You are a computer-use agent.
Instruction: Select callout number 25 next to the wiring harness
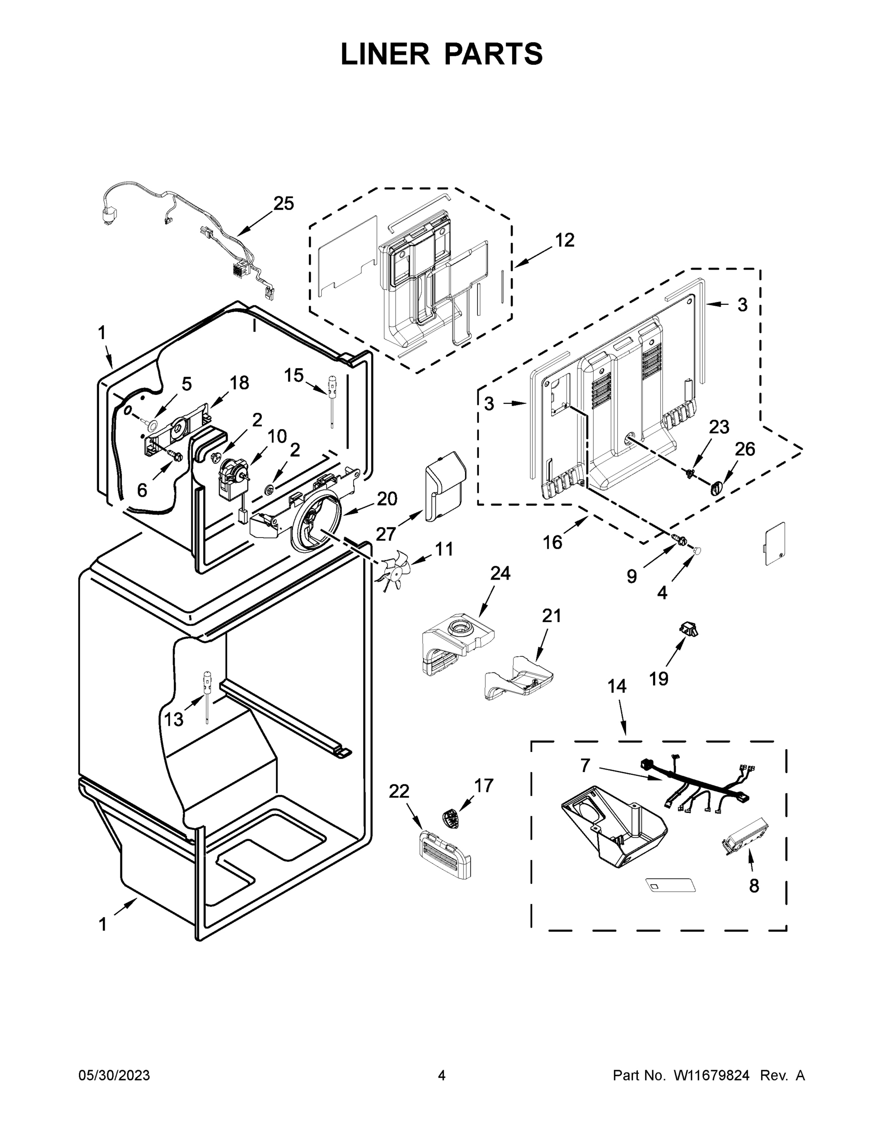[x=284, y=203]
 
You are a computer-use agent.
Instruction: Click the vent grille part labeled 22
[x=445, y=858]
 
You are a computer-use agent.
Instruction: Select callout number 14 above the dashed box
[x=617, y=686]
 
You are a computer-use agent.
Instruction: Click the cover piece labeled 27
[x=444, y=486]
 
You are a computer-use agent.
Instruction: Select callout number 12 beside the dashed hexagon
[x=565, y=240]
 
